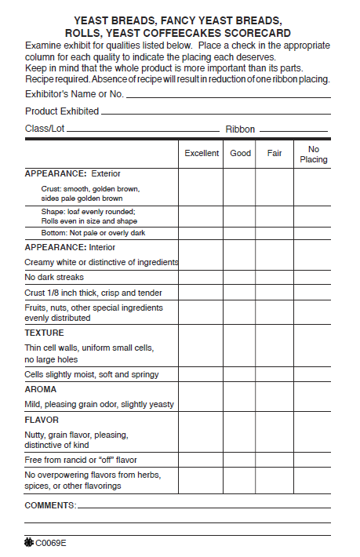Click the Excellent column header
click(202, 153)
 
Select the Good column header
click(240, 153)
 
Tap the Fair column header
click(275, 153)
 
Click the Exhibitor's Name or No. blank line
click(227, 96)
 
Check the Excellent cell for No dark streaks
click(201, 277)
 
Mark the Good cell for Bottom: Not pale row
click(240, 233)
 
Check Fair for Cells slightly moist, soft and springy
click(275, 374)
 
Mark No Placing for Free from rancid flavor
click(312, 460)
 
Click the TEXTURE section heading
click(44, 333)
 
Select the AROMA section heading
click(41, 389)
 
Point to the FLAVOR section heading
click(43, 420)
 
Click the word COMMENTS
click(50, 505)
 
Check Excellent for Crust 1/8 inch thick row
click(201, 293)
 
